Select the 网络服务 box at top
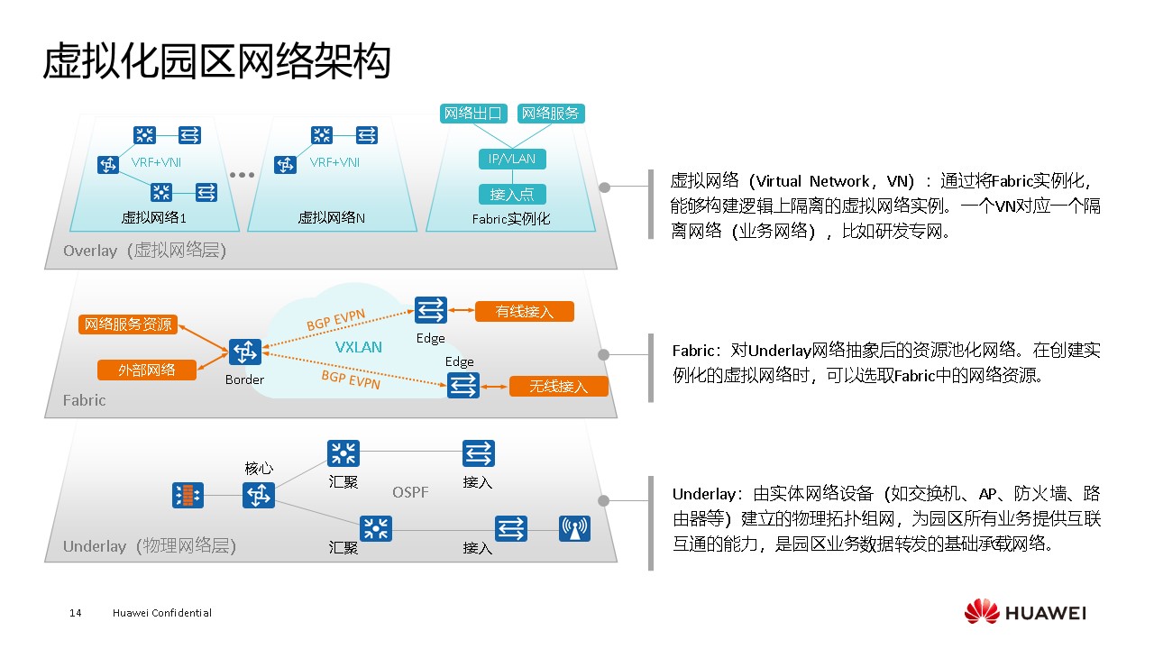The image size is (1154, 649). click(551, 114)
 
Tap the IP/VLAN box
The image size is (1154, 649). click(512, 159)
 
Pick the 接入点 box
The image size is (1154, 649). click(512, 194)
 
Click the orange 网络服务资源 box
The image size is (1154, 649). click(127, 324)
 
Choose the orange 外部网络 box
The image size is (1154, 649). click(146, 370)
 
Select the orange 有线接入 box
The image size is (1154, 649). click(524, 312)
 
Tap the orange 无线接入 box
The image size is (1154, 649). click(558, 387)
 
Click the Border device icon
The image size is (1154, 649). click(244, 352)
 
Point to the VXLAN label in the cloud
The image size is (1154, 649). click(359, 347)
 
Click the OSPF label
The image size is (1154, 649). click(410, 492)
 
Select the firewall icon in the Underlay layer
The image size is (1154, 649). click(188, 495)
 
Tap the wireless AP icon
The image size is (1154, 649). click(574, 527)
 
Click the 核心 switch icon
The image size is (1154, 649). click(259, 495)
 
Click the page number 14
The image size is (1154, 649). click(76, 613)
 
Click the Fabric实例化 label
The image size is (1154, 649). click(510, 219)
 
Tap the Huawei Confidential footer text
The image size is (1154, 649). click(162, 613)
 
